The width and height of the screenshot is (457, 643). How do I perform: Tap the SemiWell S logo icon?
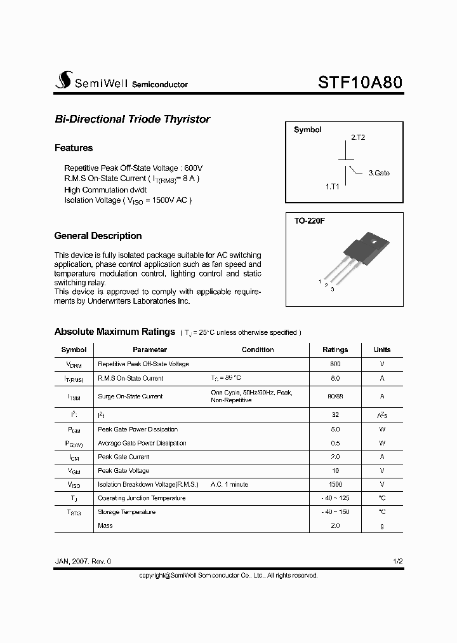tap(64, 80)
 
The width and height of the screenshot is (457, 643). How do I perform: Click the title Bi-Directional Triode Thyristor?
tap(132, 119)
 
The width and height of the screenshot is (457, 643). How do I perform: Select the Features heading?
tap(74, 148)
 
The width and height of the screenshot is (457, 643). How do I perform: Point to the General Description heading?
tap(98, 236)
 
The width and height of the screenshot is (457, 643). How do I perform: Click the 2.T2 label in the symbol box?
tap(358, 137)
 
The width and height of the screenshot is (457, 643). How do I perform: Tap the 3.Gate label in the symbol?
tap(379, 173)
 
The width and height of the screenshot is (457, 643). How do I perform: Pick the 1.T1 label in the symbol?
tap(333, 187)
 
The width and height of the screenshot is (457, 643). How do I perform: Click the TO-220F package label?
tap(309, 220)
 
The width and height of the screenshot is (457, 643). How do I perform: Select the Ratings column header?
tap(335, 349)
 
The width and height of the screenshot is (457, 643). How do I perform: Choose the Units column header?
tap(382, 349)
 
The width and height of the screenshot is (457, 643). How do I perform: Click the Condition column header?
tap(258, 349)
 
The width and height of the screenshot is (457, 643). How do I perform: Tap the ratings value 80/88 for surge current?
tap(335, 396)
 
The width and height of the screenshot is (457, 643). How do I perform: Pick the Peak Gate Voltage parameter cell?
tap(124, 471)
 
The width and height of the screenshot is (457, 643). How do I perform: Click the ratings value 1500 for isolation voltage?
tap(335, 484)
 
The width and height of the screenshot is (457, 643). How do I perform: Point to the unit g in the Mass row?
tap(382, 525)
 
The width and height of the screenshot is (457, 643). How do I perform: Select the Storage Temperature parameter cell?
tap(126, 511)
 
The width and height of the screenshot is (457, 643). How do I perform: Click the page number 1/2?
tap(397, 562)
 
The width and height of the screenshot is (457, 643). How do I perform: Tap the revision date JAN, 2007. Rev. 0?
tap(83, 562)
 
